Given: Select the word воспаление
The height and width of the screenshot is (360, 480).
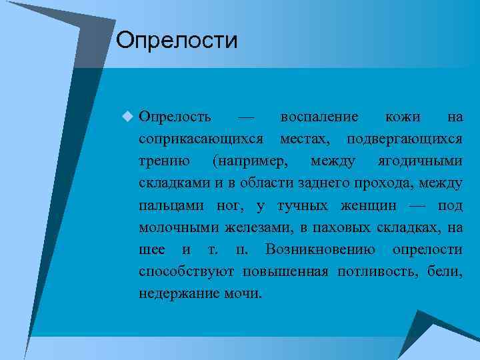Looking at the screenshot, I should click(319, 117).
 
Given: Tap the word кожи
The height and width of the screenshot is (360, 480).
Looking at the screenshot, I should click(403, 117).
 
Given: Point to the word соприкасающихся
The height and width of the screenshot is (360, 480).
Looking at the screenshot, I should click(201, 139).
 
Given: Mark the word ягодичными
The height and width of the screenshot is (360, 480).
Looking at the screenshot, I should click(420, 161).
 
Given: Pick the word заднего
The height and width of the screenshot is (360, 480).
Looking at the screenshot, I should click(319, 183).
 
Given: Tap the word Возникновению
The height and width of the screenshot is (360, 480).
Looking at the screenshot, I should click(319, 249).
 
